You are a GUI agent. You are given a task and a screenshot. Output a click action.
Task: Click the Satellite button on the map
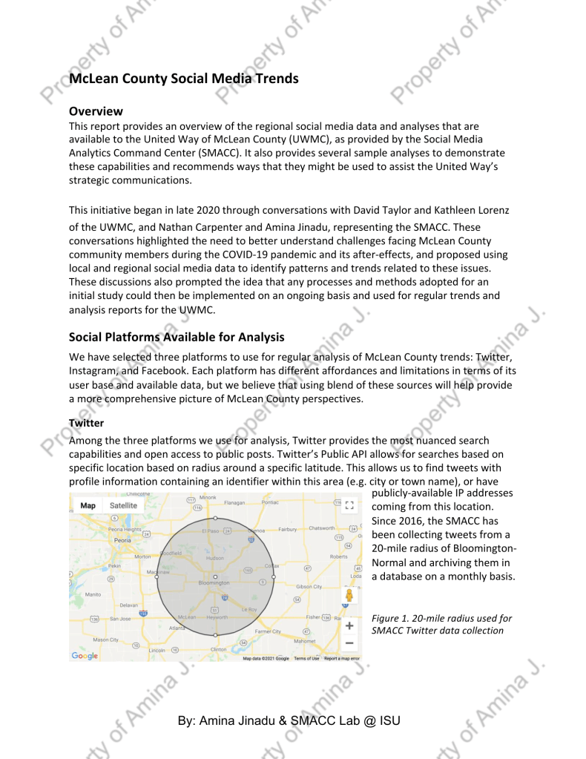(x=123, y=506)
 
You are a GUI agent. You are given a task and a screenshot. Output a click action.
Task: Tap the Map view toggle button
(x=88, y=506)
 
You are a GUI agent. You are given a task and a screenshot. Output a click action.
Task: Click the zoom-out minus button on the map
(x=349, y=643)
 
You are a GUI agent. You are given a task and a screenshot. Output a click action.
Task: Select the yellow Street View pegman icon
(x=349, y=596)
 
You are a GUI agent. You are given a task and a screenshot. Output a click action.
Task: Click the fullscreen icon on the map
(x=350, y=505)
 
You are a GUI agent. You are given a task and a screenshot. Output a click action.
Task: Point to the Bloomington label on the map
(x=214, y=583)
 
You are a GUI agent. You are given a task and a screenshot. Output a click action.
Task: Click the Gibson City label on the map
(x=309, y=586)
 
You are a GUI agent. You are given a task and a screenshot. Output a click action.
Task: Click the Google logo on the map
(x=85, y=656)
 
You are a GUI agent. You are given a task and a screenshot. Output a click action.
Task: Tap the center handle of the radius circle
(x=215, y=576)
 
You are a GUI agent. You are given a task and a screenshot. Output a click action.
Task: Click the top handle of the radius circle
(x=215, y=518)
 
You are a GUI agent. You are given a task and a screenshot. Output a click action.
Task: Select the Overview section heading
(x=96, y=111)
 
